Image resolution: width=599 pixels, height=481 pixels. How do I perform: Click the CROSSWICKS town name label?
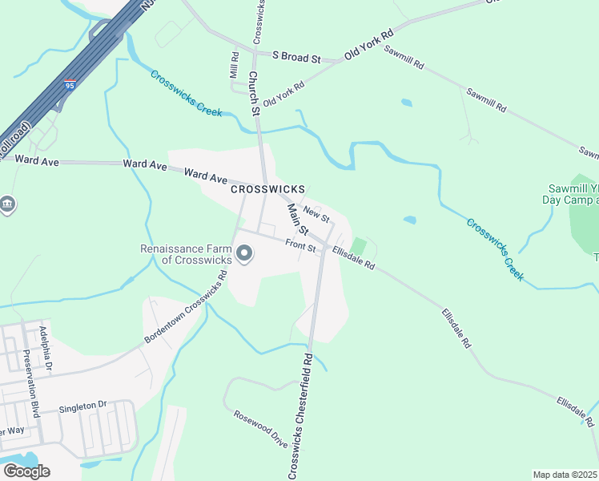tap(267, 189)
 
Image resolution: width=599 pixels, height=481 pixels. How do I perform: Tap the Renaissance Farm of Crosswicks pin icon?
tap(245, 256)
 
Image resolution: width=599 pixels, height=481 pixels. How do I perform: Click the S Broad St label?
tap(296, 59)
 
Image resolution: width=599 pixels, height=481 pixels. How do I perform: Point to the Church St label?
tap(254, 94)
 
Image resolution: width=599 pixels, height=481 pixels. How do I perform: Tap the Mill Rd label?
tap(235, 66)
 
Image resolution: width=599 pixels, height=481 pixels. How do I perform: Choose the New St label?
tap(317, 215)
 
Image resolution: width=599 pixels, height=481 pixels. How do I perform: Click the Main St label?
tap(298, 219)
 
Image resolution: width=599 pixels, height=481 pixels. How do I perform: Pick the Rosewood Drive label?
tap(260, 429)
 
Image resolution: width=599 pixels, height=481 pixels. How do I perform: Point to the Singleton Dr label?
tap(82, 408)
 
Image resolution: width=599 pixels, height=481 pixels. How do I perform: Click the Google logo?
tap(26, 471)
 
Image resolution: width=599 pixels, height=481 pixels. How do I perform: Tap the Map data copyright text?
tap(565, 475)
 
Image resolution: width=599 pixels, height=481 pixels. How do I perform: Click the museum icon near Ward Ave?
tap(7, 205)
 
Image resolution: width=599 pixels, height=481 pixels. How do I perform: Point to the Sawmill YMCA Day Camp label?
tap(570, 194)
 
